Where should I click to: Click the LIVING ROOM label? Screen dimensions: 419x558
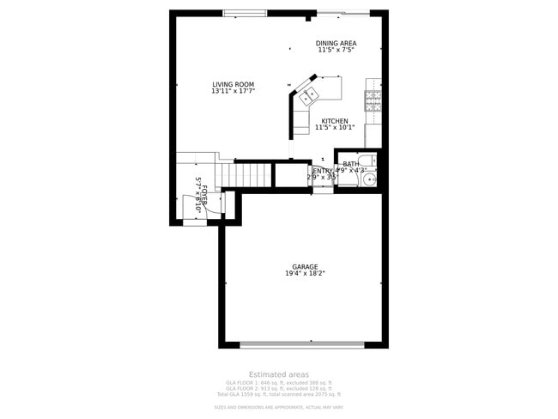(x=234, y=84)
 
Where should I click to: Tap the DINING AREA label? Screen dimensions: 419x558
(x=336, y=43)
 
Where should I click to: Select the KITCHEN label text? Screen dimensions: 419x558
(x=335, y=121)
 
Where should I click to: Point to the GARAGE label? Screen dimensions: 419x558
(x=305, y=267)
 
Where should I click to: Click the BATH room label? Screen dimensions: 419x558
(x=351, y=164)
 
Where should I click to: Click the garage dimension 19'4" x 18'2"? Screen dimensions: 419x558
(x=305, y=274)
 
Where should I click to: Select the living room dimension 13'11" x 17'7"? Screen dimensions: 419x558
(x=234, y=91)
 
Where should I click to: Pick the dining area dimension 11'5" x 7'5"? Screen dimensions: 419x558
(x=336, y=50)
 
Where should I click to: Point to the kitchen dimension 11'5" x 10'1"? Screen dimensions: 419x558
(x=334, y=128)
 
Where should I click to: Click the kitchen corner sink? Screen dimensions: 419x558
(x=308, y=94)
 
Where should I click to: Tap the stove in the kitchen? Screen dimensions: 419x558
(x=373, y=102)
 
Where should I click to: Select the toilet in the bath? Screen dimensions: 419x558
(x=366, y=161)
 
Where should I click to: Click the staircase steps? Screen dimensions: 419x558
(x=253, y=176)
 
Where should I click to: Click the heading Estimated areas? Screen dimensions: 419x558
(x=278, y=374)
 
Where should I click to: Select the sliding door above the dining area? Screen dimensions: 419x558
(x=343, y=12)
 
